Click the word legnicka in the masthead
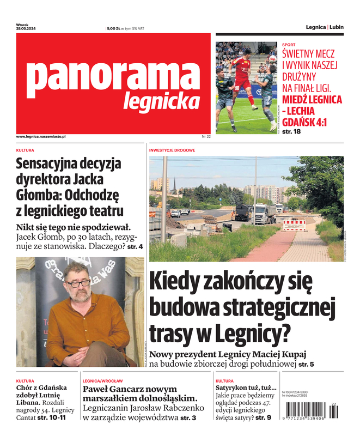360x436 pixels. pyautogui.click(x=161, y=101)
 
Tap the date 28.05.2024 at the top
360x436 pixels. pyautogui.click(x=26, y=28)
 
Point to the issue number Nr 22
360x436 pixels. pyautogui.click(x=206, y=136)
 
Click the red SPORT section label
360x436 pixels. pyautogui.click(x=289, y=44)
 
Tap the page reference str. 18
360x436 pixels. pyautogui.click(x=290, y=131)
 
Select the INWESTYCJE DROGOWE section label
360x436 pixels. pyautogui.click(x=172, y=149)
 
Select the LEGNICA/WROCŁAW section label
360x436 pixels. pyautogui.click(x=102, y=381)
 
